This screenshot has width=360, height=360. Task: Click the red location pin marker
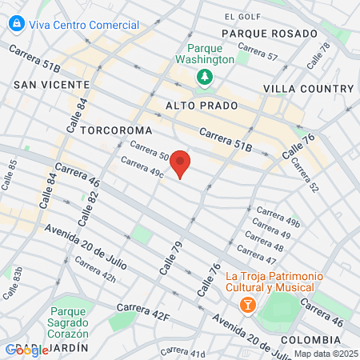[x=181, y=162]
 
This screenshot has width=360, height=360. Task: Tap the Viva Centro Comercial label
[x=84, y=25]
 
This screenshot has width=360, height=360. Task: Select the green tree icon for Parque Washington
[x=205, y=77]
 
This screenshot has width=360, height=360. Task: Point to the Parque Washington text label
[x=205, y=53]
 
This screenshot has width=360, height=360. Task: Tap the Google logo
[x=26, y=350]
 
